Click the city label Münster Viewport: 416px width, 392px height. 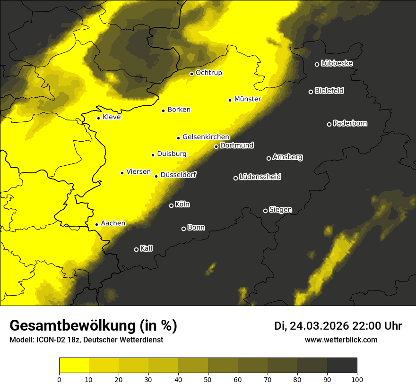(x=248, y=99)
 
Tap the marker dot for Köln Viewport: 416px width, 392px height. (x=171, y=205)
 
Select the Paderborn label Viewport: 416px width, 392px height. (x=350, y=123)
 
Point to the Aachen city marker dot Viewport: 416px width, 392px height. (x=96, y=224)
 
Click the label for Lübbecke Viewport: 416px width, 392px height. (x=337, y=63)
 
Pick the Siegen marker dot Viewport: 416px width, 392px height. (x=265, y=211)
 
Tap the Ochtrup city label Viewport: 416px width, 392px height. (x=208, y=73)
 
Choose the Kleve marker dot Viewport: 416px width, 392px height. (x=98, y=118)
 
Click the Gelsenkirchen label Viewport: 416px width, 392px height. (x=206, y=137)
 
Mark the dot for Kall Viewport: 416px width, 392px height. (x=136, y=249)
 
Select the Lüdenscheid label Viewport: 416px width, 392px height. (x=260, y=177)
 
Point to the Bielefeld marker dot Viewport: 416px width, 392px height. (x=311, y=92)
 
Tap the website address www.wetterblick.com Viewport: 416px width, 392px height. (x=341, y=340)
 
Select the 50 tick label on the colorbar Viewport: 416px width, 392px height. (x=208, y=379)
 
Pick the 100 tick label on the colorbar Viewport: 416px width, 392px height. (x=357, y=379)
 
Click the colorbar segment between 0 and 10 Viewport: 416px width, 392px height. (x=74, y=366)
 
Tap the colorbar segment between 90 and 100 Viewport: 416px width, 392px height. (x=342, y=366)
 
